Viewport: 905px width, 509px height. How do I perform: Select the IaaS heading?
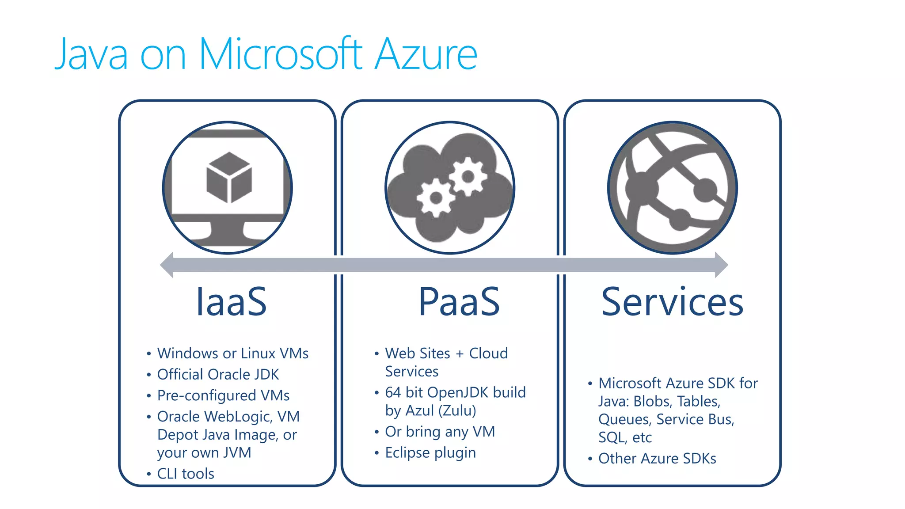pos(231,302)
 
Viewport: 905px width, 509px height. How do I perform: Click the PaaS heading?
pos(459,302)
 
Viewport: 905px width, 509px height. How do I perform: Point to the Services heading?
pos(672,302)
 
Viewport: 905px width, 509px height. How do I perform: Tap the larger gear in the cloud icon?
pos(468,177)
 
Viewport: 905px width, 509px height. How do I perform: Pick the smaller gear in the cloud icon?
pos(436,198)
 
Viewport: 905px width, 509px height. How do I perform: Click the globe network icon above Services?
pos(672,188)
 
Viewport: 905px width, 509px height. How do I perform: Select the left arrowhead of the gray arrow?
pos(167,265)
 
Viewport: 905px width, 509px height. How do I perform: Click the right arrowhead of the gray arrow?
pos(721,265)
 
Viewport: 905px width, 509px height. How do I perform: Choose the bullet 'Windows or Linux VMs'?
pos(233,353)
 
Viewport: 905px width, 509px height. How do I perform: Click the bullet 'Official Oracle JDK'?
pos(218,375)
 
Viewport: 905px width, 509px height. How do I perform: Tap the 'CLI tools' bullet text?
pos(186,474)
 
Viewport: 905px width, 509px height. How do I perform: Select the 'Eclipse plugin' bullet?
pos(430,453)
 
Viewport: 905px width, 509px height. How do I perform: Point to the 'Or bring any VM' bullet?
pos(440,432)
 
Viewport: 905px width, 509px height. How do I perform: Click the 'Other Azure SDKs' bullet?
pos(657,459)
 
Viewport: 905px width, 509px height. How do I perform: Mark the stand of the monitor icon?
pos(227,232)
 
